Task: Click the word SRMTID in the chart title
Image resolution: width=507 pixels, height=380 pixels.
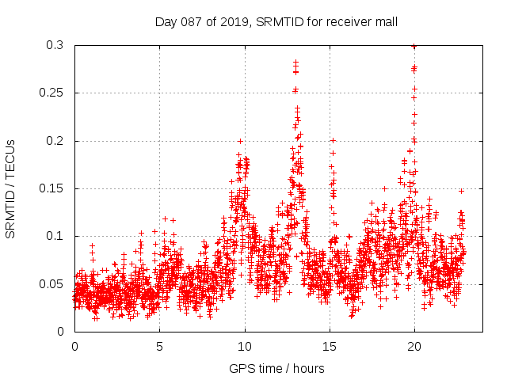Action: click(x=280, y=21)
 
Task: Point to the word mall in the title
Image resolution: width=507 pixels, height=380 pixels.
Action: click(x=386, y=21)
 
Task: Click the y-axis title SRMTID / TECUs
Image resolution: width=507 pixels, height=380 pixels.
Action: click(x=10, y=188)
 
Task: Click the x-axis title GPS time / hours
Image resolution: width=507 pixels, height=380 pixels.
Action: click(x=276, y=368)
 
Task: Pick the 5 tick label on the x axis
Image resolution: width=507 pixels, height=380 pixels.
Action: click(x=159, y=346)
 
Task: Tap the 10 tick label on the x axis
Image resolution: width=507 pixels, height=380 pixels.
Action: click(x=245, y=346)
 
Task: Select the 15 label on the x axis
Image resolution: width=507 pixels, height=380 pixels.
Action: click(x=330, y=346)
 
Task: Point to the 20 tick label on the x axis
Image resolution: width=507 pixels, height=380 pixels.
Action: click(x=414, y=346)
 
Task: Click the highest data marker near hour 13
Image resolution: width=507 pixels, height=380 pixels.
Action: click(x=295, y=62)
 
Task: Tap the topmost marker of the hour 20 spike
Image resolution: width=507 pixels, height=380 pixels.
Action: click(x=414, y=47)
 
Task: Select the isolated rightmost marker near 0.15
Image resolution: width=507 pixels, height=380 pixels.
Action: click(x=461, y=191)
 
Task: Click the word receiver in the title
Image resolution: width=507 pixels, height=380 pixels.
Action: click(x=349, y=21)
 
